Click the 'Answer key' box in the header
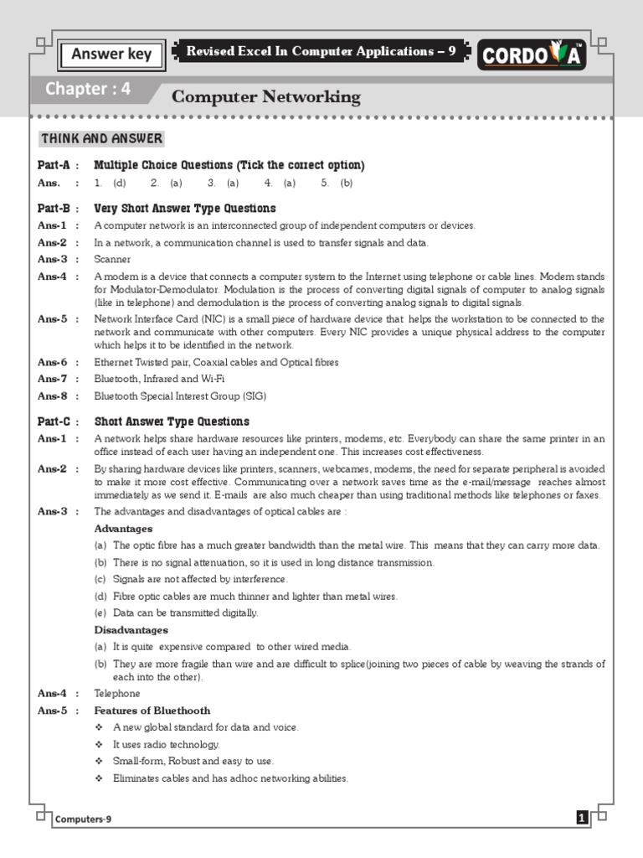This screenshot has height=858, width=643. (x=111, y=54)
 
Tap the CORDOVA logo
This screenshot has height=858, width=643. (x=532, y=56)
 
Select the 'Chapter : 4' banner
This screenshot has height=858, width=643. (x=88, y=90)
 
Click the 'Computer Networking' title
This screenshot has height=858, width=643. (x=265, y=97)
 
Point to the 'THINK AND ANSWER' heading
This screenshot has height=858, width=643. (x=101, y=139)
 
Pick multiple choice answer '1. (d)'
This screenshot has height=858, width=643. (x=110, y=182)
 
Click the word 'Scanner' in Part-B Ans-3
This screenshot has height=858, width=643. (x=112, y=260)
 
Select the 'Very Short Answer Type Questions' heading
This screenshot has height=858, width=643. (x=184, y=209)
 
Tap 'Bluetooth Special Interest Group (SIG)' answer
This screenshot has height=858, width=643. (x=180, y=395)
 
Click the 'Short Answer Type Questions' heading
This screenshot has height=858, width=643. (x=171, y=421)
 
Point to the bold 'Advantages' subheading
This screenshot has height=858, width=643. (x=123, y=529)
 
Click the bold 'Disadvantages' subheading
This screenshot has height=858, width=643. (x=131, y=629)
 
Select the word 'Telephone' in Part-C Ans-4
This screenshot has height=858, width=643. (x=117, y=694)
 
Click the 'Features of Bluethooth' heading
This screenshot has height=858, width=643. (x=152, y=711)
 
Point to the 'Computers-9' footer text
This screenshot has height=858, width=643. (x=83, y=819)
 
